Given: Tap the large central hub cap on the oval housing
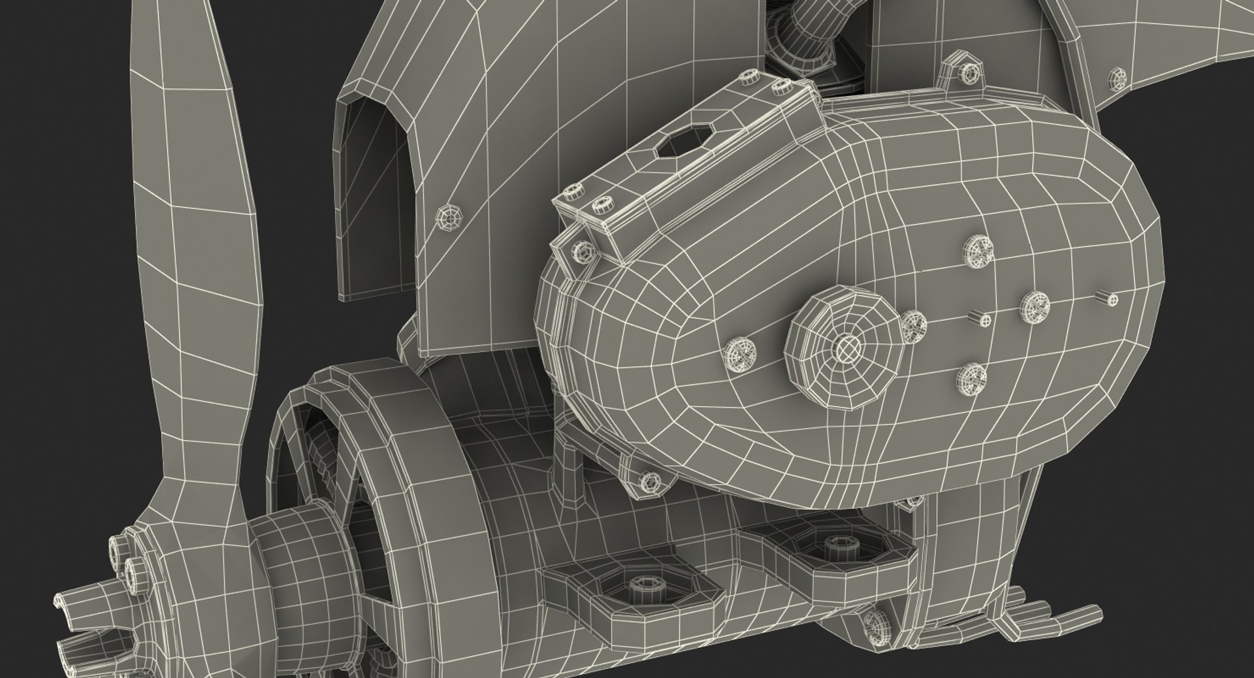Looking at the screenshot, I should [847, 346].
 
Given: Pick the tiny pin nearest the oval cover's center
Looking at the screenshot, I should [983, 318].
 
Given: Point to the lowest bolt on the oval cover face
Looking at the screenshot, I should [972, 378].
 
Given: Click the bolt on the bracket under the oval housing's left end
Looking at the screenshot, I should [649, 482].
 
